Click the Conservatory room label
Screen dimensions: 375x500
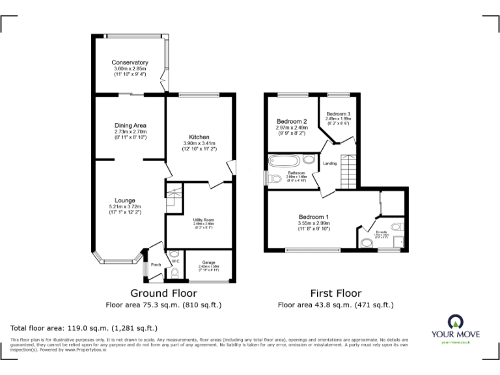click(130, 62)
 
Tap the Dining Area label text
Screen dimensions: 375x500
click(130, 125)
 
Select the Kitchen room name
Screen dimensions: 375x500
click(199, 137)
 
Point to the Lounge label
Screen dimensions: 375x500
click(125, 200)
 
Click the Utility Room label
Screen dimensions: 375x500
click(204, 220)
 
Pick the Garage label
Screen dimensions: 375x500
click(208, 262)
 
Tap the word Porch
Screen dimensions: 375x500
click(156, 265)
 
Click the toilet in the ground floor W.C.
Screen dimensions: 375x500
click(173, 273)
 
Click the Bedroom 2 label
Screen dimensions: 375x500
click(291, 121)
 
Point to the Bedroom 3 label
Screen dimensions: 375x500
click(338, 114)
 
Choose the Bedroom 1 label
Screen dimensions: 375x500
click(314, 217)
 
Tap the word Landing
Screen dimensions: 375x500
click(330, 163)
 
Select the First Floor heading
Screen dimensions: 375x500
click(335, 293)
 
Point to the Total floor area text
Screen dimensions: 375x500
click(84, 328)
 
